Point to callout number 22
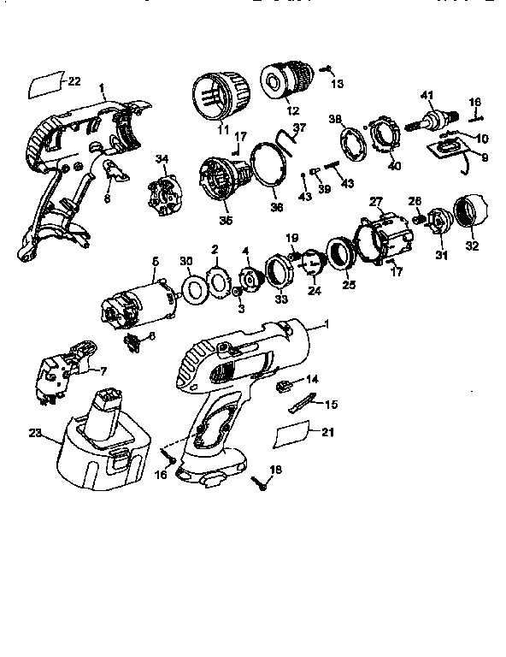pyautogui.click(x=74, y=81)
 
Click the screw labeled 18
pyautogui.click(x=258, y=484)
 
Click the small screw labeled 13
pyautogui.click(x=327, y=71)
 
